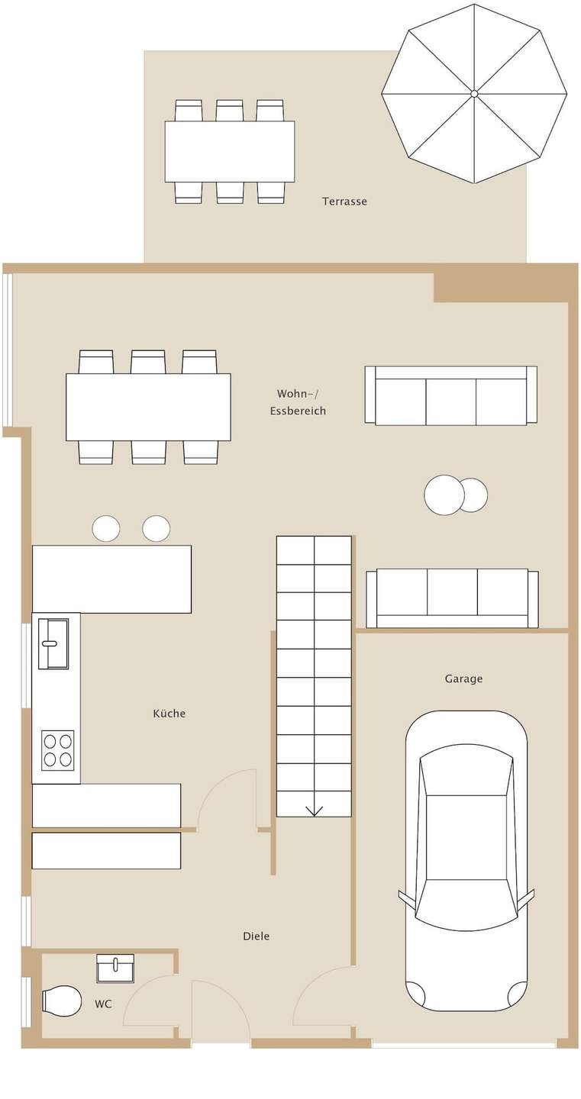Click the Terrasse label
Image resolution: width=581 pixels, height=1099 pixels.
[344, 201]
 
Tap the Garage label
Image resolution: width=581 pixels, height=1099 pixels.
[463, 678]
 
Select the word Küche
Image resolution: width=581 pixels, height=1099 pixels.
[169, 713]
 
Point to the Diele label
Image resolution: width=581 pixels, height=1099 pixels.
[257, 936]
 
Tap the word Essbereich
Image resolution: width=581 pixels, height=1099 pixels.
[298, 411]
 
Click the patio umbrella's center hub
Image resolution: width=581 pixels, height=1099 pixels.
[474, 93]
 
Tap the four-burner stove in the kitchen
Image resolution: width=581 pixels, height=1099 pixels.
[58, 749]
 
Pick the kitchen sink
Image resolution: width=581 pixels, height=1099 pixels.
[53, 643]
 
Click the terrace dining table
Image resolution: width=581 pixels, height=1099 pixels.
[230, 152]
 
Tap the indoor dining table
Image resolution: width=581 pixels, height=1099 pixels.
[149, 407]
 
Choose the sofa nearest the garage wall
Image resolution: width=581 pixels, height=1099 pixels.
[453, 598]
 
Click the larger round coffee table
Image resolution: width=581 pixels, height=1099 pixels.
[444, 495]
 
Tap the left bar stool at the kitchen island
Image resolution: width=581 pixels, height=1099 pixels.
[105, 528]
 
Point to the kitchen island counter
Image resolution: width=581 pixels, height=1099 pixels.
[111, 579]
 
